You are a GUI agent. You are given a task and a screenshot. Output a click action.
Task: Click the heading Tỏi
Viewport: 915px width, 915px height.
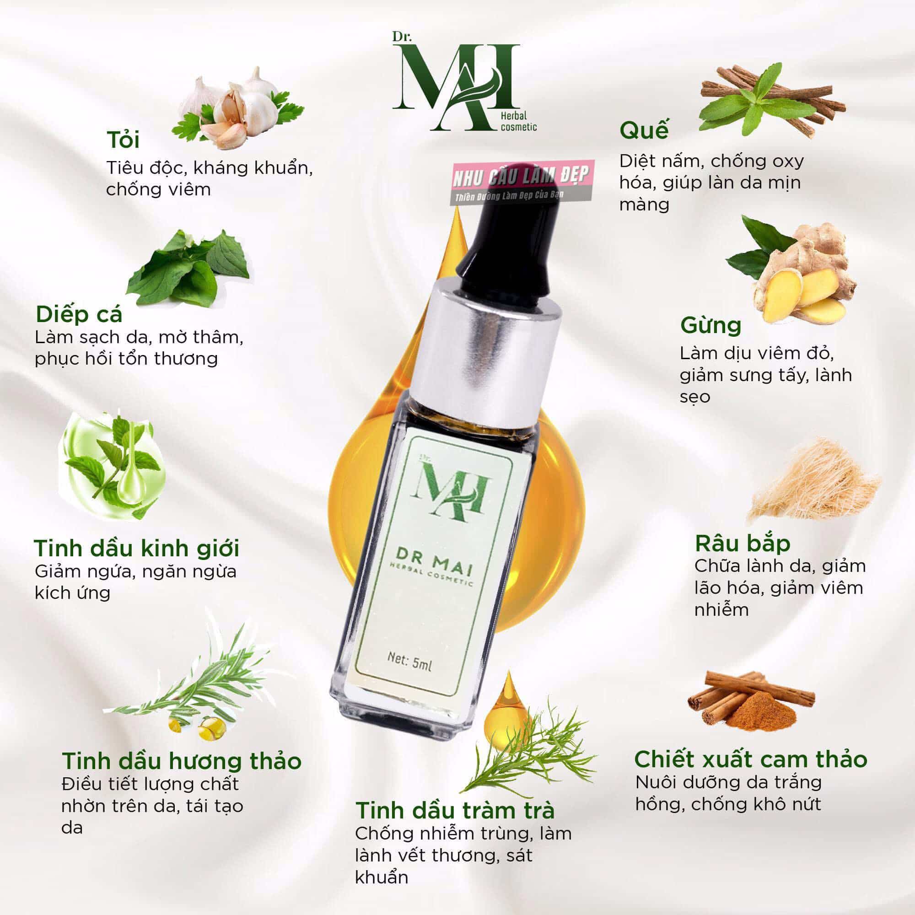point(123,141)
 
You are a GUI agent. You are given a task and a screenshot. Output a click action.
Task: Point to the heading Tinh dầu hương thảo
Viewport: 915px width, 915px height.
point(182,761)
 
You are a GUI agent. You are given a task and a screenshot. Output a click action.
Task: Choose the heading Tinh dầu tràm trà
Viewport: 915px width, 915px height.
point(455,810)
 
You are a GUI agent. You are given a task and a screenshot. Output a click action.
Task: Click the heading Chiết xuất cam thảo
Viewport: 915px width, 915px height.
point(751,759)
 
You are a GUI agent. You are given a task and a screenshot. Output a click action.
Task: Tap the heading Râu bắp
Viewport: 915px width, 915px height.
point(743,544)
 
